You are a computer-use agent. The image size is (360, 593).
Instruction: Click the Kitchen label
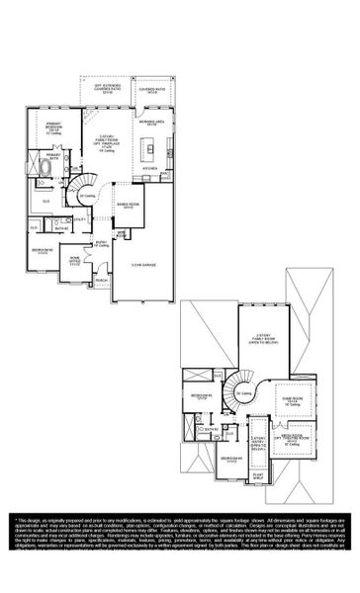click(x=150, y=169)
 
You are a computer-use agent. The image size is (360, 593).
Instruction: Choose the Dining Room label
click(x=128, y=207)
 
